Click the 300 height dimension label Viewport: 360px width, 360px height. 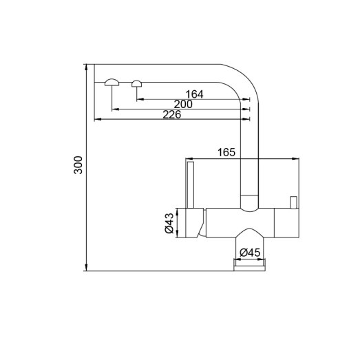pos(78,166)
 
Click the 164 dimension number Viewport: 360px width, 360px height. pos(195,94)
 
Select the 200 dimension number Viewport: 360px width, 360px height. pos(183,104)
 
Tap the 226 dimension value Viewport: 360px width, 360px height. pos(171,114)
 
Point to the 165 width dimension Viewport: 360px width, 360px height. pos(226,153)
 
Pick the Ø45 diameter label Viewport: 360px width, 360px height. pos(249,253)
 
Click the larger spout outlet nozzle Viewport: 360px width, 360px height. pos(112,83)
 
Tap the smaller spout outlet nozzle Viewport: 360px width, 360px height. pos(137,83)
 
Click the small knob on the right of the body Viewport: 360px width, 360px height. pos(293,202)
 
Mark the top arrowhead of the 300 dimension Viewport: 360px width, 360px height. pos(87,67)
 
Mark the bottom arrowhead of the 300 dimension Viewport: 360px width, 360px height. pos(87,268)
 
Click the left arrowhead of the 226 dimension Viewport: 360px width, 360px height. pos(96,120)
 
